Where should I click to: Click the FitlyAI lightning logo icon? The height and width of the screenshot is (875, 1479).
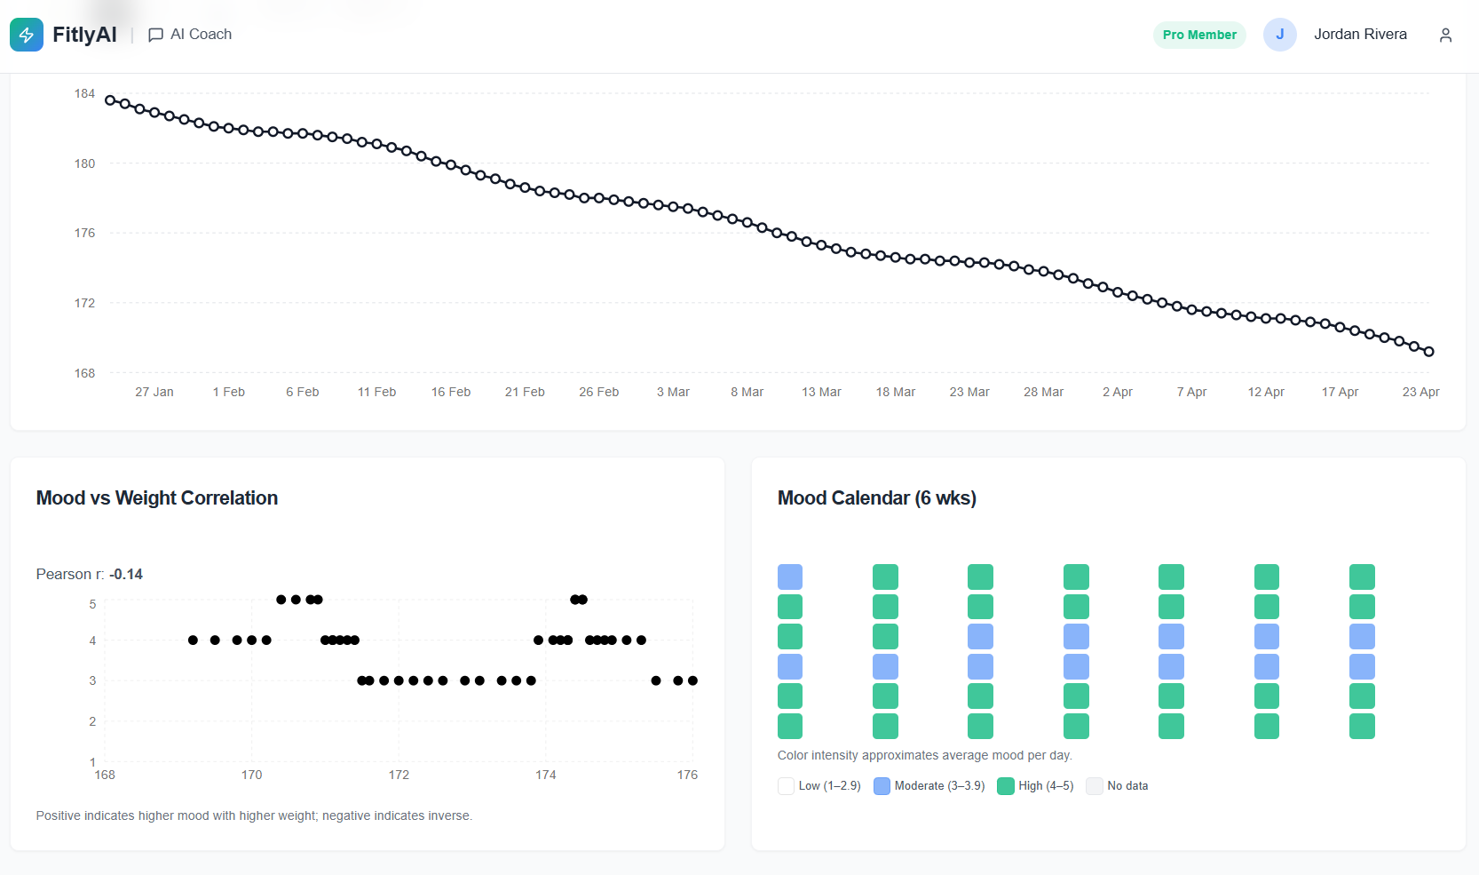click(x=27, y=35)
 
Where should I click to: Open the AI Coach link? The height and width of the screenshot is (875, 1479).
click(x=190, y=35)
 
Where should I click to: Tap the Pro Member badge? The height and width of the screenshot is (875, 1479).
click(x=1199, y=35)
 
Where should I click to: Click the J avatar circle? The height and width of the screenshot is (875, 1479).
click(x=1279, y=35)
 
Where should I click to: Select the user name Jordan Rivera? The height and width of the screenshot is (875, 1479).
click(x=1360, y=35)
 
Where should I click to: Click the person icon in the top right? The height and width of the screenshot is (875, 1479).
click(x=1445, y=35)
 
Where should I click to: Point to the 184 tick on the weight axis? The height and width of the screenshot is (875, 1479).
click(x=84, y=93)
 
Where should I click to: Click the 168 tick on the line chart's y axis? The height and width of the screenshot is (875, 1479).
click(x=84, y=373)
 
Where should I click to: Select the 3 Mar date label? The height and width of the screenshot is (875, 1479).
click(x=673, y=392)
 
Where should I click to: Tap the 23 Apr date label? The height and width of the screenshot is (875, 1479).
click(x=1420, y=392)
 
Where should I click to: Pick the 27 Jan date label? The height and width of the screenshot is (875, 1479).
click(x=154, y=392)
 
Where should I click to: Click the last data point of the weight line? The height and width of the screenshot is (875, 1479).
click(x=1428, y=352)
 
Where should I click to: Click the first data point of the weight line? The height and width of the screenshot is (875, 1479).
click(x=110, y=100)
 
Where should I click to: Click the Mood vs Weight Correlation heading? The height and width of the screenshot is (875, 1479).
click(x=157, y=498)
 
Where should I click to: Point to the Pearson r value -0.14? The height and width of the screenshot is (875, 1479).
click(x=126, y=575)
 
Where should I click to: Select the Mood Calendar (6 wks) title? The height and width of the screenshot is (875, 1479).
click(x=876, y=498)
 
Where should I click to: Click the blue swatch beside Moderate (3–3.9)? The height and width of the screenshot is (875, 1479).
click(x=882, y=786)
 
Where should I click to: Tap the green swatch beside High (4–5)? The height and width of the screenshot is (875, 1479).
click(x=1005, y=786)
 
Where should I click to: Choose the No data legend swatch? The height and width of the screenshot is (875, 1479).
click(x=1094, y=786)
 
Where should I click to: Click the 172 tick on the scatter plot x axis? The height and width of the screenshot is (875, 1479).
click(x=399, y=775)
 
